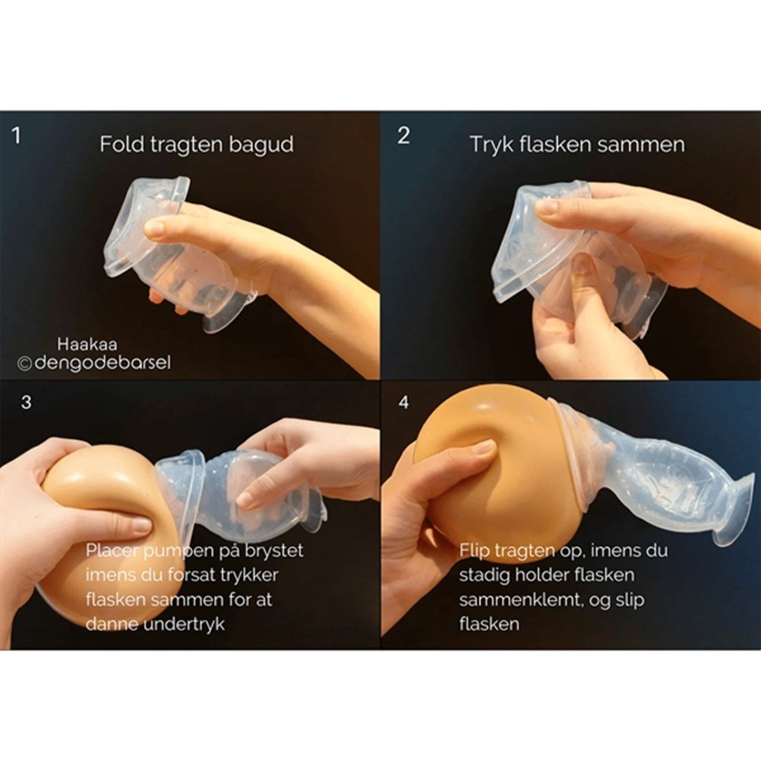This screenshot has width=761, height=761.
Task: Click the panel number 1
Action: [x=16, y=136]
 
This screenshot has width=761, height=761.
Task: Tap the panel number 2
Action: [x=403, y=136]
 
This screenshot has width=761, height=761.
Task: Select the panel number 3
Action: [x=26, y=402]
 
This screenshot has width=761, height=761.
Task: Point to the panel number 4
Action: [x=403, y=402]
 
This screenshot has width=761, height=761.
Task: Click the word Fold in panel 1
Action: [x=116, y=144]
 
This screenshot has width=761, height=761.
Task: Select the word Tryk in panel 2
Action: [x=488, y=144]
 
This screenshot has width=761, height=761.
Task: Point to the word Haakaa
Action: [x=87, y=344]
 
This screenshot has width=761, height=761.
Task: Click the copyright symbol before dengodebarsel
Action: [x=24, y=364]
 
